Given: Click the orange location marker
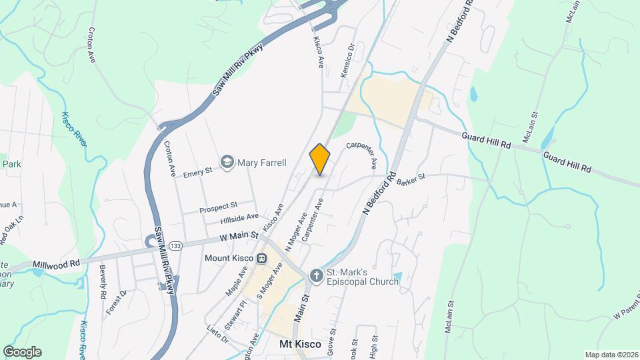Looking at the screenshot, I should pyautogui.click(x=320, y=159).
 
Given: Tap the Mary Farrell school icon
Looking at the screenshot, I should pyautogui.click(x=228, y=163).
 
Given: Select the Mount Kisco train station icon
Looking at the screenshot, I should pyautogui.click(x=263, y=258).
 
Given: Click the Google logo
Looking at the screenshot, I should pyautogui.click(x=22, y=351).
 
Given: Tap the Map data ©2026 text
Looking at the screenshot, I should pyautogui.click(x=610, y=355).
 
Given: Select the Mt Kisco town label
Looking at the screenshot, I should pyautogui.click(x=299, y=345).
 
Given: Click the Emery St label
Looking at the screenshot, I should pyautogui.click(x=197, y=172).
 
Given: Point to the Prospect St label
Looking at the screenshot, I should pyautogui.click(x=219, y=207).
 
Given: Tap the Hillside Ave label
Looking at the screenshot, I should pyautogui.click(x=239, y=218).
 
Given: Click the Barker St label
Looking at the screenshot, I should pyautogui.click(x=410, y=180).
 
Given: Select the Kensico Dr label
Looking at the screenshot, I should pyautogui.click(x=346, y=61).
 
